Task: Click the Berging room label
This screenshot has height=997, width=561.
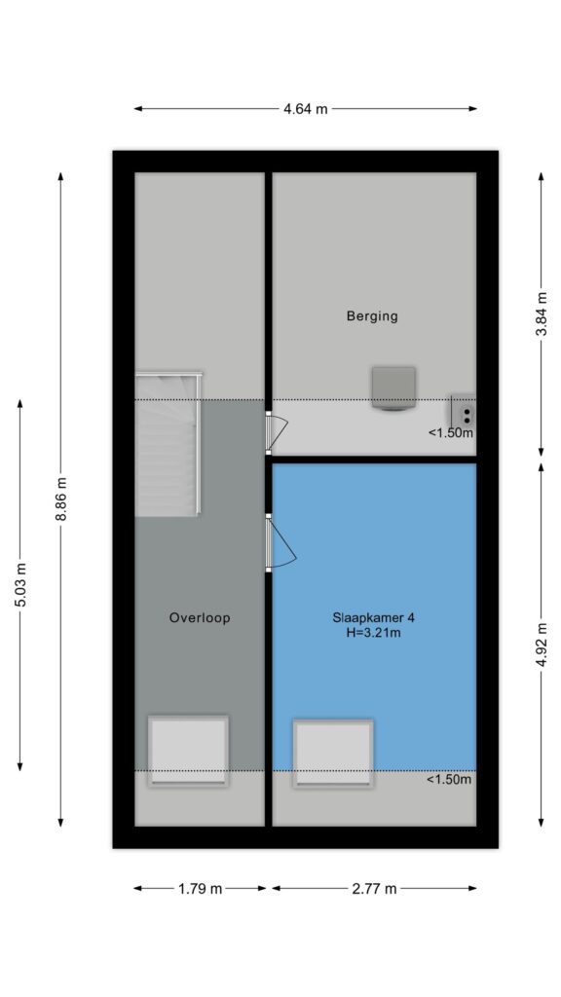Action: [x=372, y=315]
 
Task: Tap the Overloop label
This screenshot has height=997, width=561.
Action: [x=200, y=617]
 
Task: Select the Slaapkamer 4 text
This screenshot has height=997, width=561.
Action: [x=368, y=617]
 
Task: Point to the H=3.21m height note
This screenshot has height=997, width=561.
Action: [x=368, y=633]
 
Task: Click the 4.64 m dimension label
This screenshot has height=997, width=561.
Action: [x=305, y=109]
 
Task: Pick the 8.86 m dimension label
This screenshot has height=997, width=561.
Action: [x=61, y=499]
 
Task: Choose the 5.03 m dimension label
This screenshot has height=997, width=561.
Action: [x=20, y=584]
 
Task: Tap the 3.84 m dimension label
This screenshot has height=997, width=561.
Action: [x=542, y=314]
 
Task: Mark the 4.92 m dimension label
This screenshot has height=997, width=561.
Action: [x=542, y=644]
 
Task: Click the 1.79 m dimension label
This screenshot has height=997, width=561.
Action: [x=201, y=888]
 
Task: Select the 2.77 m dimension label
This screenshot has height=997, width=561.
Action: [x=374, y=888]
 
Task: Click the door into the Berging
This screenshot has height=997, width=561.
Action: [x=276, y=432]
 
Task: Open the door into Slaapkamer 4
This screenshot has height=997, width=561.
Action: [x=280, y=542]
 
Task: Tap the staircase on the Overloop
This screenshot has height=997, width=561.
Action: [x=168, y=443]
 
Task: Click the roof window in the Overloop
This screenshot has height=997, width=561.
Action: [x=188, y=752]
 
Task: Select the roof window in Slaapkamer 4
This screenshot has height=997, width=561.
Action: [x=333, y=754]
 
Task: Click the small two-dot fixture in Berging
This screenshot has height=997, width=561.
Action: [x=463, y=413]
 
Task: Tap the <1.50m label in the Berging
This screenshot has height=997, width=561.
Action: [x=451, y=433]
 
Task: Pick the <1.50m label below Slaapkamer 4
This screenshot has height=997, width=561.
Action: [x=449, y=780]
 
